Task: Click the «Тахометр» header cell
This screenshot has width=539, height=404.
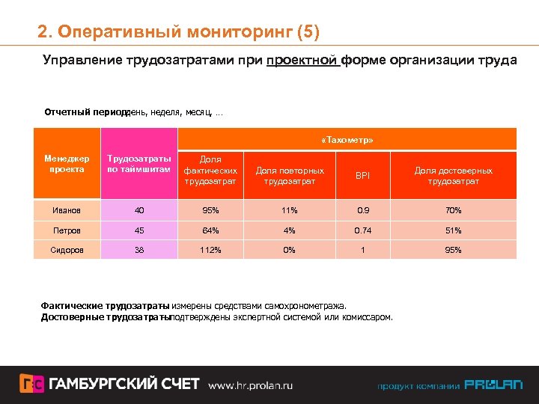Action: coord(347,140)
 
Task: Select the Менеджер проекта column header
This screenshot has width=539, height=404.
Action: coord(67,164)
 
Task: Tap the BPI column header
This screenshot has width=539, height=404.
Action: coord(362,176)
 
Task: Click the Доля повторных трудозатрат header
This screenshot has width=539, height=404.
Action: coord(290,176)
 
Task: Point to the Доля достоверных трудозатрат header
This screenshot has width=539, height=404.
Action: coord(453,176)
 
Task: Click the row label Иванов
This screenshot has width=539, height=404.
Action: coord(67,210)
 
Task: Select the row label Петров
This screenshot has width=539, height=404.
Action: coord(67,230)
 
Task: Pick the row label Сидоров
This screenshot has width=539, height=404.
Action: coord(67,250)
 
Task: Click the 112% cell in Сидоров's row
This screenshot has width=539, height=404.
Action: coord(210,250)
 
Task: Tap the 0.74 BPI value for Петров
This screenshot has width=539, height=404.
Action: coord(362,230)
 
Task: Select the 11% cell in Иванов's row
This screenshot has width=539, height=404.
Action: coord(290,210)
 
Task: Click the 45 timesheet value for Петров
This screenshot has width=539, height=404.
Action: coord(138,230)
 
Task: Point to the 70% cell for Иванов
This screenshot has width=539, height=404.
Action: coord(453,210)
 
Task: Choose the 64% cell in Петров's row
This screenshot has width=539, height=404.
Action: coord(210,230)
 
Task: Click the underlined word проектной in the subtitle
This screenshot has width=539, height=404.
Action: coord(302,60)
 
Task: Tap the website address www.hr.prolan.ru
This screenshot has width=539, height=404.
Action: coord(250,385)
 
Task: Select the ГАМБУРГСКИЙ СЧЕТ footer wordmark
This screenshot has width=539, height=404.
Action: coord(124,385)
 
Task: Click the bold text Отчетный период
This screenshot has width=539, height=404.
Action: coord(84,113)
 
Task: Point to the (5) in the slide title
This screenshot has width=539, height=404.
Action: coord(308,32)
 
